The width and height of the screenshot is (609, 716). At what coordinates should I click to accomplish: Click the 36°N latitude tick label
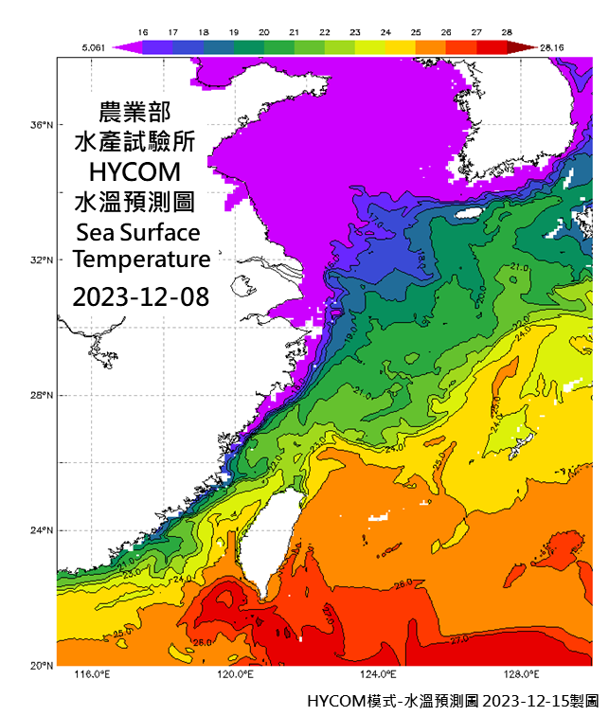tap(41, 125)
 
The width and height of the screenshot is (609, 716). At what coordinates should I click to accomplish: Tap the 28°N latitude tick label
tap(41, 396)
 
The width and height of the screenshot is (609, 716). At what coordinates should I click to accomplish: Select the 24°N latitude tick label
tap(41, 531)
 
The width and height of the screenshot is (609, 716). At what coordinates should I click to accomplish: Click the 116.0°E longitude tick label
tap(92, 675)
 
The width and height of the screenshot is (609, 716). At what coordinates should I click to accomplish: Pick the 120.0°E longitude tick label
tap(234, 675)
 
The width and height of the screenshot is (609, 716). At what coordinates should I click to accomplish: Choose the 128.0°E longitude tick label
tap(520, 675)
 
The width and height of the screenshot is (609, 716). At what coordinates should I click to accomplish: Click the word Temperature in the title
tap(142, 260)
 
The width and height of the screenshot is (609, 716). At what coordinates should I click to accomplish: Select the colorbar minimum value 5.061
tap(93, 45)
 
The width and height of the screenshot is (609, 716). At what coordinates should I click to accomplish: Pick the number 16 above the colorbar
tap(144, 31)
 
